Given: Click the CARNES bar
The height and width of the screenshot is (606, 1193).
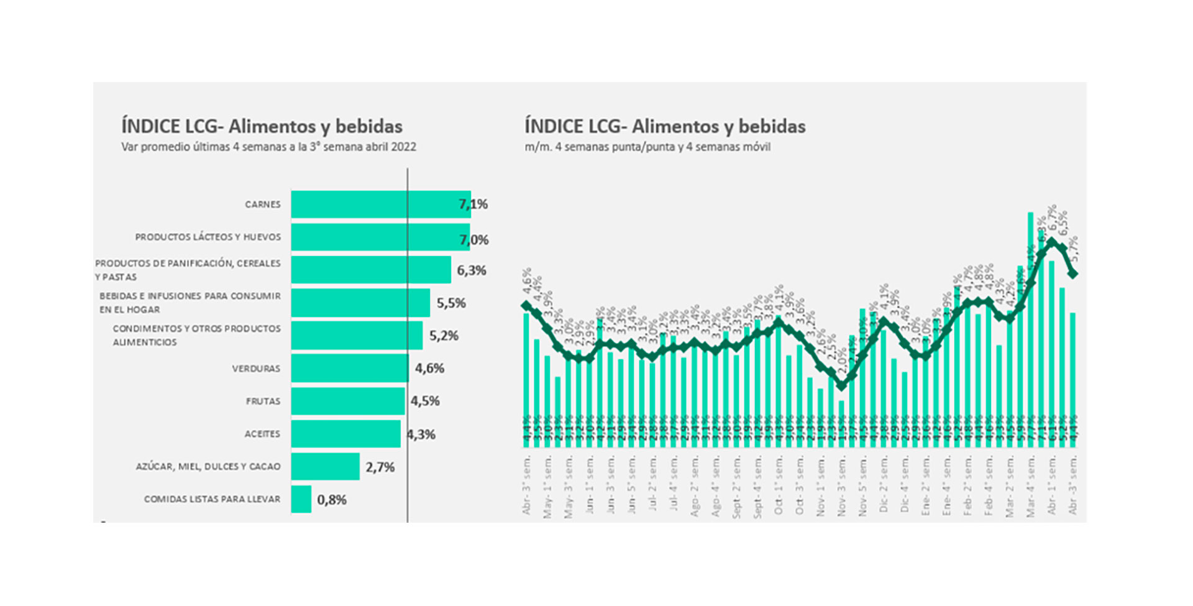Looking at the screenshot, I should [x=380, y=204].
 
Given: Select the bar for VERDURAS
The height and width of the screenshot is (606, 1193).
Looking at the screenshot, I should [x=350, y=368].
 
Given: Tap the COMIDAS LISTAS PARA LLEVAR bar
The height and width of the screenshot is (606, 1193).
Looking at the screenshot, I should [x=301, y=499].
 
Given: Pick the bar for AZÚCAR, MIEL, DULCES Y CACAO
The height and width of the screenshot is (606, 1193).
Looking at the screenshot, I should [x=325, y=466].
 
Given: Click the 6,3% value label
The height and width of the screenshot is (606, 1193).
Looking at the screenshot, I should [x=472, y=270].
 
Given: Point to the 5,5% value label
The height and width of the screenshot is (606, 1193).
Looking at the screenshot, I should [x=451, y=303].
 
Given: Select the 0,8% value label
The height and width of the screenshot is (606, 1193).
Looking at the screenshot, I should [x=332, y=500].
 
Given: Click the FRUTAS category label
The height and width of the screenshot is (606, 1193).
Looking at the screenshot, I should [x=263, y=402].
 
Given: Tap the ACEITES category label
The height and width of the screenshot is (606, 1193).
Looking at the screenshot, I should [x=262, y=434].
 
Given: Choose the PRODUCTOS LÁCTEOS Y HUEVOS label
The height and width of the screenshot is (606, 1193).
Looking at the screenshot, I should [x=208, y=237].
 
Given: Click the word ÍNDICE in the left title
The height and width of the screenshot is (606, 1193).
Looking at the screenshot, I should [x=150, y=126].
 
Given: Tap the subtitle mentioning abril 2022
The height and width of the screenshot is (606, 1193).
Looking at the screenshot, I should [x=268, y=147].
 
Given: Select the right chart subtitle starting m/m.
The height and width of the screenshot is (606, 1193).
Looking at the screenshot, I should [x=647, y=147].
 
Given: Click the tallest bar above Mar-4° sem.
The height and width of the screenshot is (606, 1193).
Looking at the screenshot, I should [x=1030, y=329].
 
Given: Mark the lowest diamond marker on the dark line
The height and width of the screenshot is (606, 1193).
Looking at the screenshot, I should [x=841, y=385].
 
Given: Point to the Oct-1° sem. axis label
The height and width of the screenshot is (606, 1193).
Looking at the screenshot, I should [x=779, y=485].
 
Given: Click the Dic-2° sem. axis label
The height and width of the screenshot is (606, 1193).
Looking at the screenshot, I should [x=884, y=485].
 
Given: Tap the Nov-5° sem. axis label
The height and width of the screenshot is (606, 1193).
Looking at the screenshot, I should [x=862, y=485].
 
